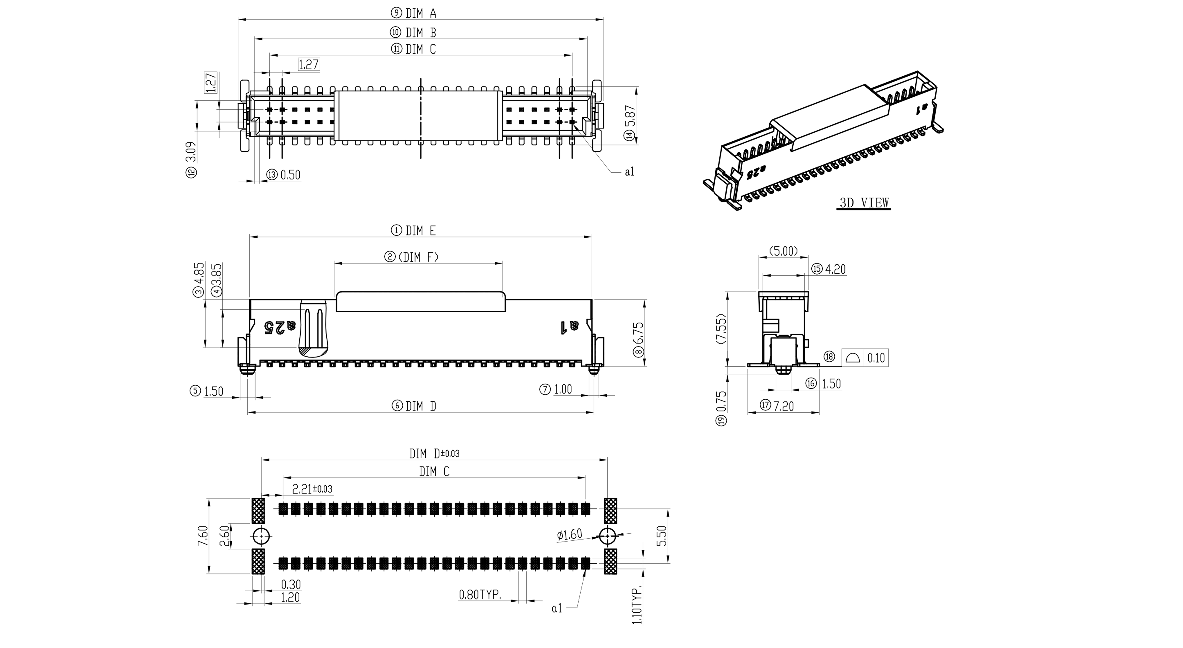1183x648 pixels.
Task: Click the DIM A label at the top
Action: (x=421, y=13)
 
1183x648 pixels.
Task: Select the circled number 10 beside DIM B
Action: (x=396, y=32)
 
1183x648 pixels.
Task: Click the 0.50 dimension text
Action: (x=290, y=175)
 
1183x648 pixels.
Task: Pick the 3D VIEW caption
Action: (x=864, y=202)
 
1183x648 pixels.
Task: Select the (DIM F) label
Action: (x=418, y=257)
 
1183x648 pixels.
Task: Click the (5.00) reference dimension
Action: (x=783, y=251)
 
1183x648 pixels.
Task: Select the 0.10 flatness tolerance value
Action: (x=876, y=358)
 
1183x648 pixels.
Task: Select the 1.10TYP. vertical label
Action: (x=637, y=606)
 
